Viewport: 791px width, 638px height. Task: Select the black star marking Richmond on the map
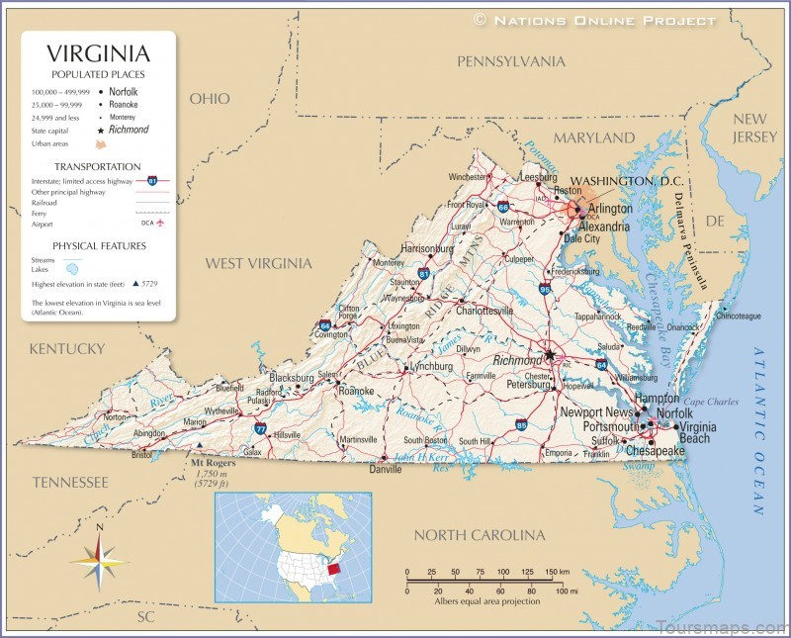click(x=549, y=354)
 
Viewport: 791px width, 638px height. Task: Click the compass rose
click(x=99, y=560)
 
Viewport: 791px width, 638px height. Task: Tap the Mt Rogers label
click(x=213, y=462)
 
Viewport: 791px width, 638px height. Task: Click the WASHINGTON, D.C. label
click(x=627, y=181)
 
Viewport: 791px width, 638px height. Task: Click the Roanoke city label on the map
click(x=356, y=391)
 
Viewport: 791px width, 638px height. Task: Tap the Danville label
click(x=385, y=470)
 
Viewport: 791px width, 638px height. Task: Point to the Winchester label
click(x=469, y=177)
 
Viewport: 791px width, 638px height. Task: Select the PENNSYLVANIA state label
click(x=511, y=61)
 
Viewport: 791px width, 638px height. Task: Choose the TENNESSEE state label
click(x=69, y=482)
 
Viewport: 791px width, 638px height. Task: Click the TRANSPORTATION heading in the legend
click(x=97, y=166)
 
